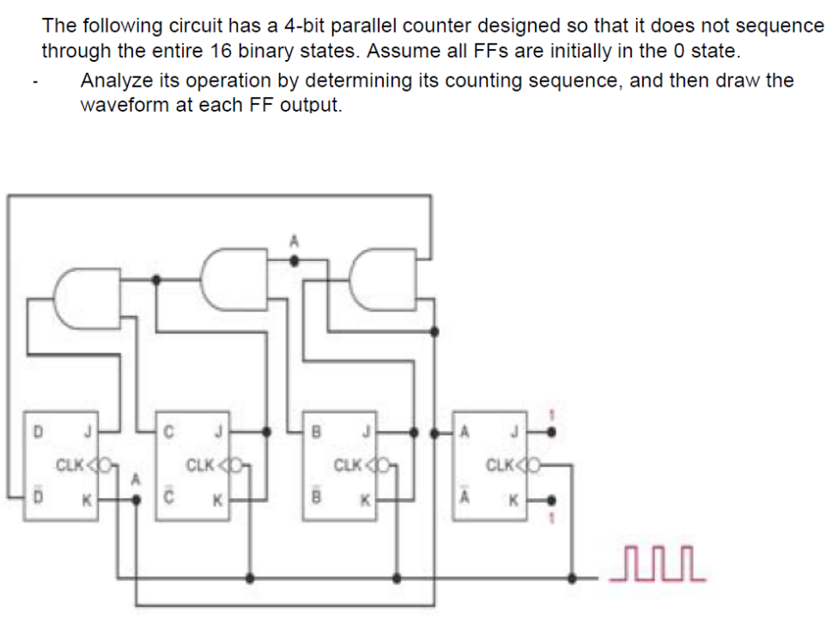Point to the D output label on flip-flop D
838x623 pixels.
click(37, 430)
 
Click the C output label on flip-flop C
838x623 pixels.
click(168, 430)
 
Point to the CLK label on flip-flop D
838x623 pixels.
click(69, 466)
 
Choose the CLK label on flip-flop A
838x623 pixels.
click(499, 466)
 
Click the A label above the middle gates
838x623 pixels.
click(294, 242)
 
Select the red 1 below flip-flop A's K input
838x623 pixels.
click(551, 518)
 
